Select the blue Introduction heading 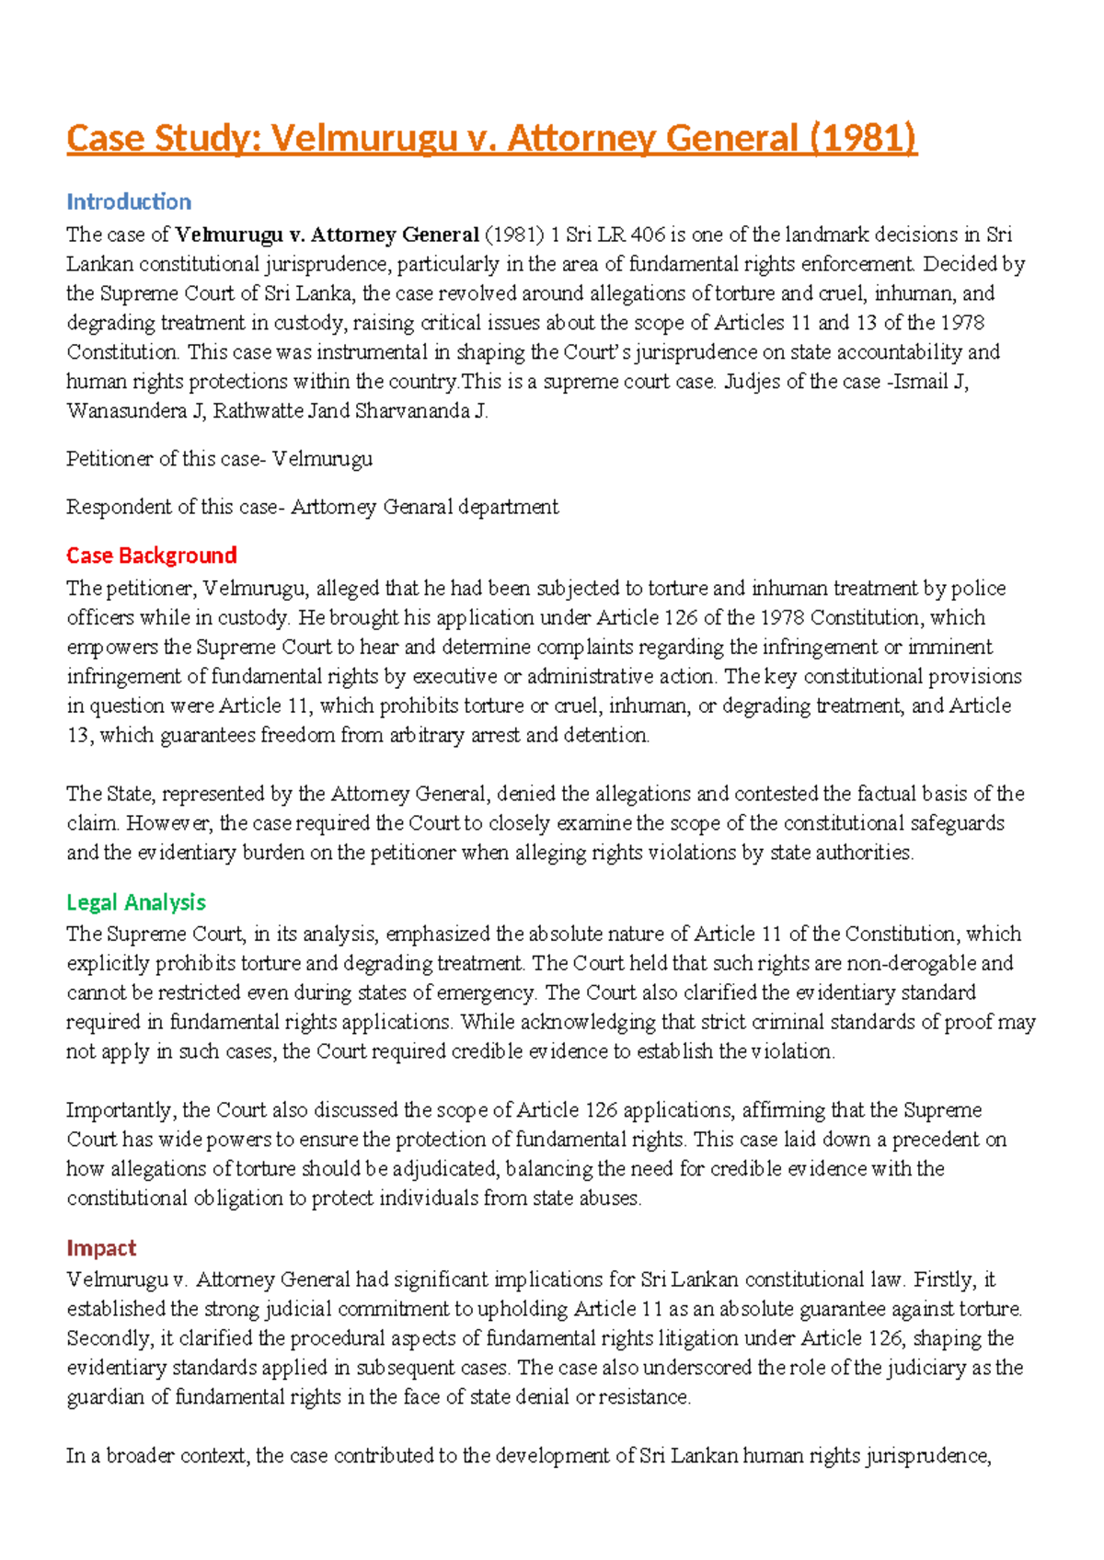(129, 201)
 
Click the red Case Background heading (152, 556)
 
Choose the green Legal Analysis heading (136, 902)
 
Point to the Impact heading (101, 1248)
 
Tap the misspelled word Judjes (753, 382)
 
